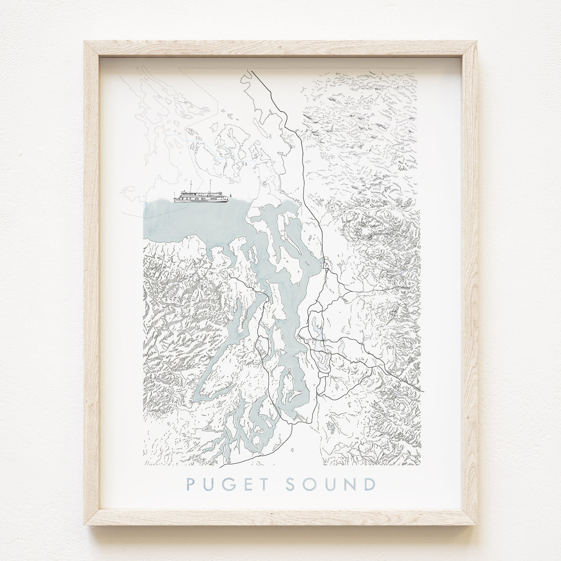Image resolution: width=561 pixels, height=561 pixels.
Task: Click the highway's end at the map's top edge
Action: [251, 71]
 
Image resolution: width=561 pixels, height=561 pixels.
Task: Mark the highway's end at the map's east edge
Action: [423, 391]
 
